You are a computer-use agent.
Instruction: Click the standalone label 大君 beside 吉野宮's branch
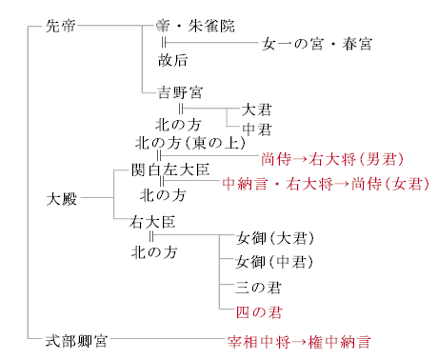coord(257,109)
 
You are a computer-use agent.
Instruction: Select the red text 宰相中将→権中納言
coord(297,340)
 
